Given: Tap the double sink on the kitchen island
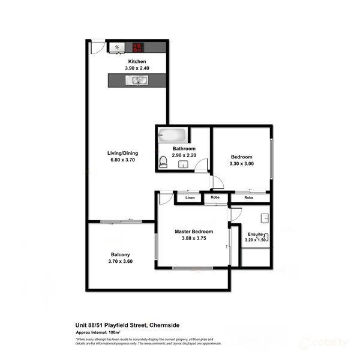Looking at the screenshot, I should click(137, 79).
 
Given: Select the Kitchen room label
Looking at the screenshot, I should click(137, 61).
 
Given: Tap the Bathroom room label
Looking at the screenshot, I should click(184, 148).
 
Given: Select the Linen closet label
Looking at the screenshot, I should click(190, 197).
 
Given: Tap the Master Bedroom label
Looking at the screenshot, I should click(193, 231).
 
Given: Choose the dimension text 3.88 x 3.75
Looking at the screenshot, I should click(193, 238).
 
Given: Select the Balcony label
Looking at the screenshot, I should click(120, 254).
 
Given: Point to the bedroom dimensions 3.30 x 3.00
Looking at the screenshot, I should click(242, 163).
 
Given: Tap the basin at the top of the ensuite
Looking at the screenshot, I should click(264, 217).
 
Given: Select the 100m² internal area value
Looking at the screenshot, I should click(112, 331).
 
